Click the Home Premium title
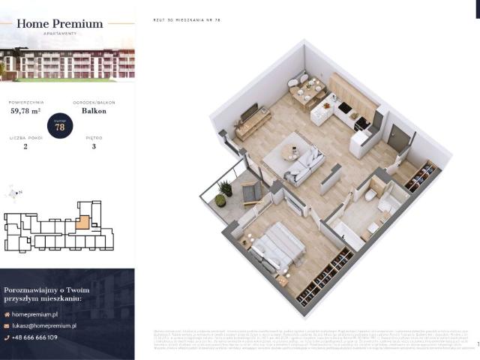pyautogui.click(x=59, y=24)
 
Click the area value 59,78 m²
pyautogui.click(x=25, y=111)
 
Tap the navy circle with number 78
pyautogui.click(x=59, y=125)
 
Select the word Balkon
pyautogui.click(x=94, y=111)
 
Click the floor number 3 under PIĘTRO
pyautogui.click(x=94, y=148)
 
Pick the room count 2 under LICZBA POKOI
pyautogui.click(x=25, y=148)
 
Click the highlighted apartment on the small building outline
pyautogui.click(x=84, y=223)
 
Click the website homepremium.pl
pyautogui.click(x=36, y=315)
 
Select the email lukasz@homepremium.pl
pyautogui.click(x=45, y=325)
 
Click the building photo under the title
pyautogui.click(x=67, y=64)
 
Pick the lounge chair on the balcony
pyautogui.click(x=250, y=193)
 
